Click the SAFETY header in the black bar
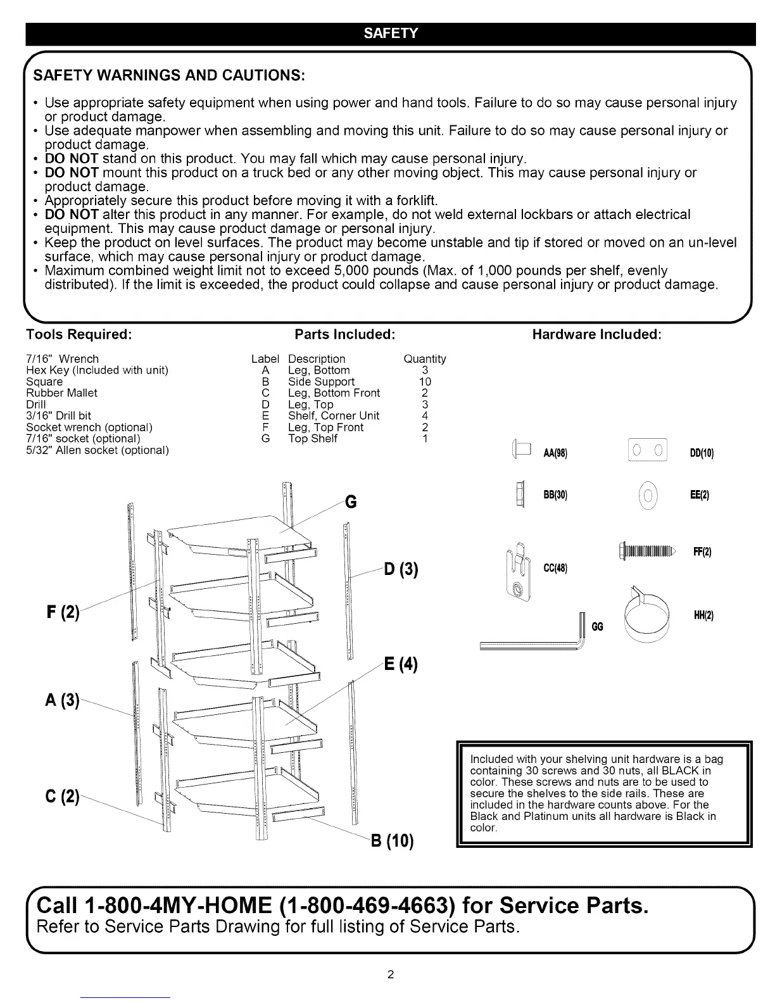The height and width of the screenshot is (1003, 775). coord(391,34)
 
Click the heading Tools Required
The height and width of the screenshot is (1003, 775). coord(79,334)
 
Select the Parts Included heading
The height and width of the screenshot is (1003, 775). coord(345,334)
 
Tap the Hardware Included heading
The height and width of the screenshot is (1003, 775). coord(596,334)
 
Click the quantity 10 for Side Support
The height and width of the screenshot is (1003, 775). coord(425,382)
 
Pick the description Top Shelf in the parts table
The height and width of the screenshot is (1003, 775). coord(313,438)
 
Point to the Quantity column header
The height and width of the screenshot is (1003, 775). coord(425,359)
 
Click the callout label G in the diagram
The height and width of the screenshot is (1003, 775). coord(352,503)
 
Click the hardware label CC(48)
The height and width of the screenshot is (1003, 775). coord(555,567)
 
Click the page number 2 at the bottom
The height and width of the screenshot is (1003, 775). coord(391,974)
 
